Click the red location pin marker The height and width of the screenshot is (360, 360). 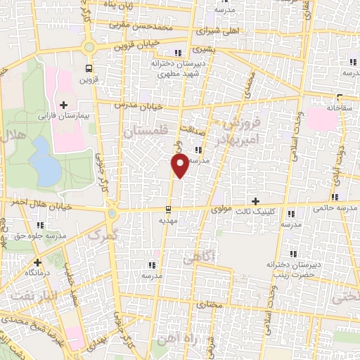coord(180,165)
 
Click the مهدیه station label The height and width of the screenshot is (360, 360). coord(167,219)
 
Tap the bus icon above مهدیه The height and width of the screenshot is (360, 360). coord(167,210)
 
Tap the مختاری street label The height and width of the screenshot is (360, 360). coord(210,305)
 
